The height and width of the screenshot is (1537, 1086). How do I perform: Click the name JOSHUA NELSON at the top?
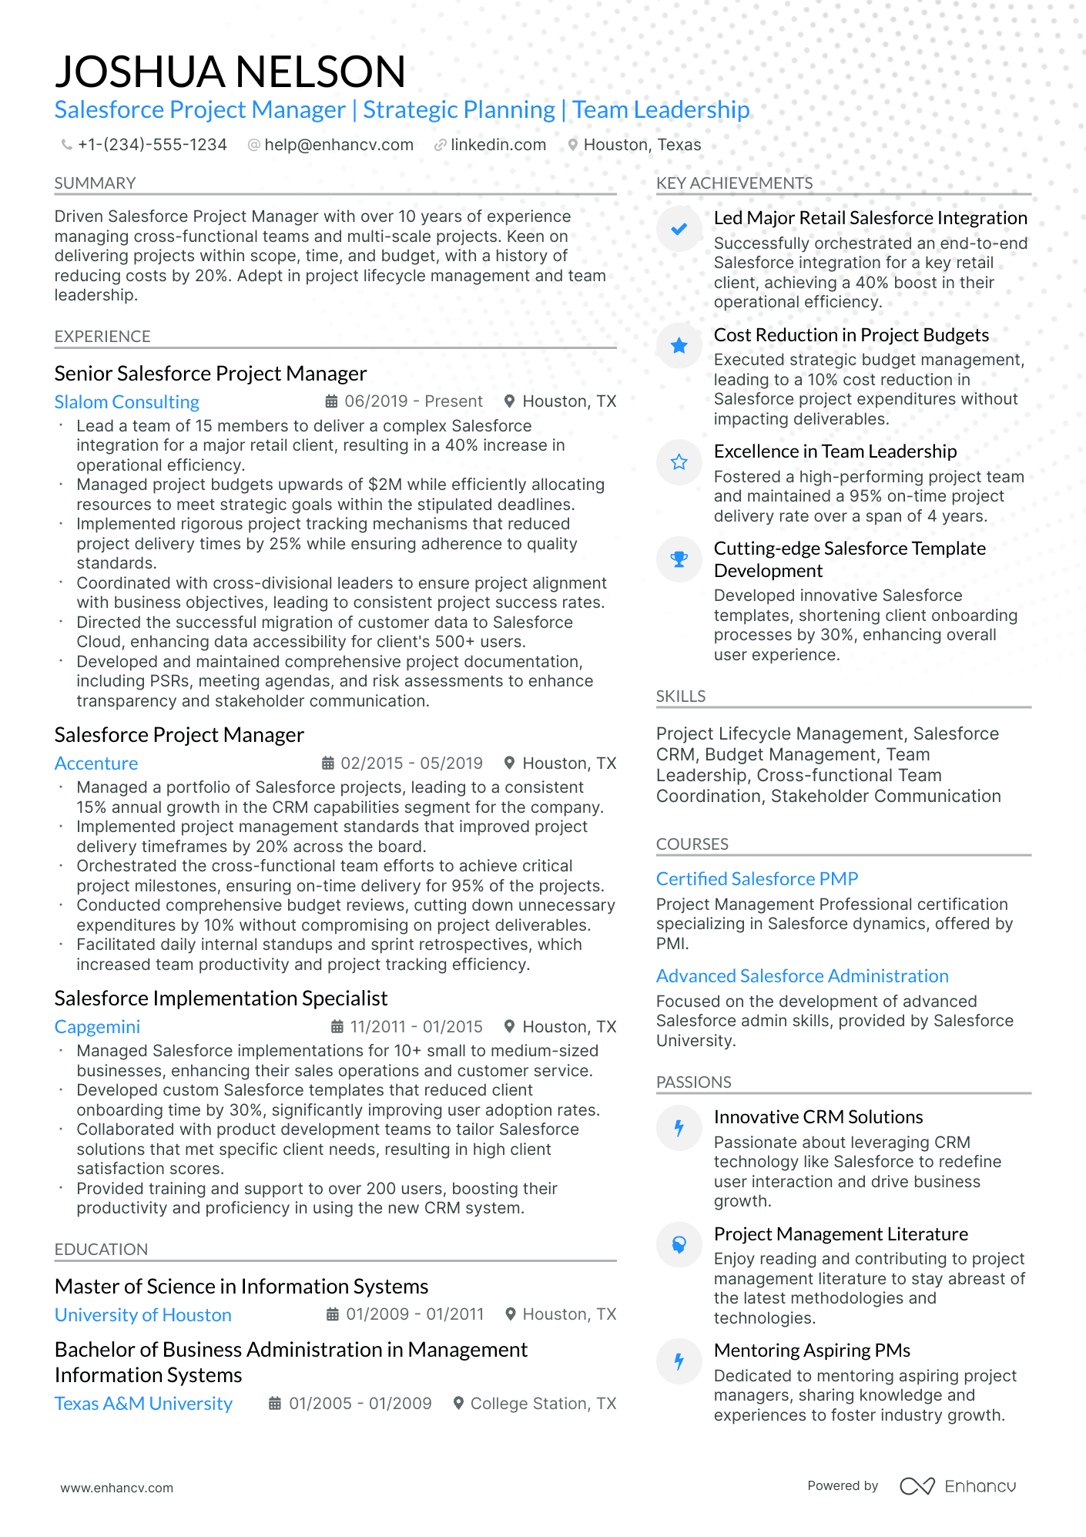(x=230, y=72)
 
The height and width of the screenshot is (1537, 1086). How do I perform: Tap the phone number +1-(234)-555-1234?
(x=152, y=145)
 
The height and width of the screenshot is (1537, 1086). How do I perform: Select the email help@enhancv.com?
(x=338, y=145)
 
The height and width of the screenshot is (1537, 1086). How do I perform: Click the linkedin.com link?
(x=498, y=145)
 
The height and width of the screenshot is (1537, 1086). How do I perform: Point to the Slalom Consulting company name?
(x=126, y=402)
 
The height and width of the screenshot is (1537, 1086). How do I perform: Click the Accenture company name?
(x=96, y=763)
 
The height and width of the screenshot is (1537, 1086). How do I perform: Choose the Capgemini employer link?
(x=97, y=1027)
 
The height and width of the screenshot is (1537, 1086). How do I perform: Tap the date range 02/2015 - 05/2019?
(x=411, y=763)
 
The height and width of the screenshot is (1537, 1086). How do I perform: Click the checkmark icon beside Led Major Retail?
(x=679, y=229)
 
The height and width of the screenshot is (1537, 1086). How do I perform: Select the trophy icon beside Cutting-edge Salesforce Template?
(x=679, y=559)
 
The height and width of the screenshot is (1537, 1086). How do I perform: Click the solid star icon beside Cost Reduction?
(x=679, y=346)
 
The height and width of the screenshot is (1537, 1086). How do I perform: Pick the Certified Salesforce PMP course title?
(x=756, y=879)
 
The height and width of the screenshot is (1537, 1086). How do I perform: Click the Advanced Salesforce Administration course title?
(x=802, y=976)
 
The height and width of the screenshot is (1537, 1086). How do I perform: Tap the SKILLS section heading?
(x=680, y=696)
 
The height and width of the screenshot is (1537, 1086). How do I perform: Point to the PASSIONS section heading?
(x=693, y=1082)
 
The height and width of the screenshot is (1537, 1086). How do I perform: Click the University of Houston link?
(x=142, y=1315)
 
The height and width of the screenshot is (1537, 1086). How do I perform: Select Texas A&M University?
(x=143, y=1404)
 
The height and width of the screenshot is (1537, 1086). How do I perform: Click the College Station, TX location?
(x=542, y=1404)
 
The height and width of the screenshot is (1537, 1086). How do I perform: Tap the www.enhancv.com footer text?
(x=116, y=1488)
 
